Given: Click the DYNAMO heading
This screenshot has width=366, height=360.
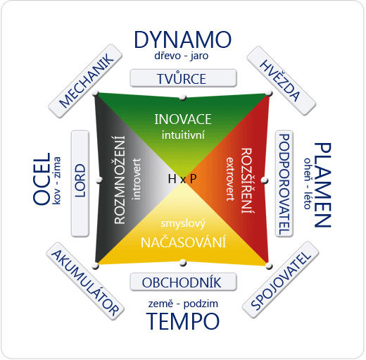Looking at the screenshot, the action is click(x=183, y=39).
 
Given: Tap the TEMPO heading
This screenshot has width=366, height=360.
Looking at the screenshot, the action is click(x=183, y=321).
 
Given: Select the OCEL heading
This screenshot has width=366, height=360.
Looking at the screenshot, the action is click(x=42, y=179).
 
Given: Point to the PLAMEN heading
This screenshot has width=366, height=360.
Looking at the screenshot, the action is click(x=322, y=185).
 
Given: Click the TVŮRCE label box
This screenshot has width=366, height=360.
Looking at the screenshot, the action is click(x=183, y=78).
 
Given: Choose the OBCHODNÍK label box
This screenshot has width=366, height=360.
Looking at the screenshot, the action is click(x=183, y=282).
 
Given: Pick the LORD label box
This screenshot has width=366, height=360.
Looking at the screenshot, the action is click(x=80, y=184).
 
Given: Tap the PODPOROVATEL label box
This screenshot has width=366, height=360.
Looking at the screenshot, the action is click(x=284, y=184).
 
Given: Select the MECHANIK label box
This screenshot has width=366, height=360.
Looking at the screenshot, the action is click(x=85, y=81).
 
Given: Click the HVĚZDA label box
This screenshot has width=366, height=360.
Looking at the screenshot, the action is click(x=282, y=80).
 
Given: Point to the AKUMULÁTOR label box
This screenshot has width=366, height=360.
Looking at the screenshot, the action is click(x=85, y=281).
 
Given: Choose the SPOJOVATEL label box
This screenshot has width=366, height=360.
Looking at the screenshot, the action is click(x=281, y=280).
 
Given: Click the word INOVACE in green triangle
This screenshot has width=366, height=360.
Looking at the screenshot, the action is click(x=183, y=119).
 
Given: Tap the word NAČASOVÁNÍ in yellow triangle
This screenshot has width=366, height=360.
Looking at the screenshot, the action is click(x=183, y=242).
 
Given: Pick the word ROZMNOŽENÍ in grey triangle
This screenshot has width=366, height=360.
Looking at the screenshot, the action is click(x=120, y=180).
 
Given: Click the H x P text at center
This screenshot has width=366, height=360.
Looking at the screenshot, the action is click(x=182, y=179).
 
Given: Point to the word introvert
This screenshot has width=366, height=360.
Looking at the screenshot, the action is click(x=136, y=179).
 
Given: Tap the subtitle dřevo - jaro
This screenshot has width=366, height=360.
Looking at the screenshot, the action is click(x=182, y=56).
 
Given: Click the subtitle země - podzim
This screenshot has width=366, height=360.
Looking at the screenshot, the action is click(x=183, y=304).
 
